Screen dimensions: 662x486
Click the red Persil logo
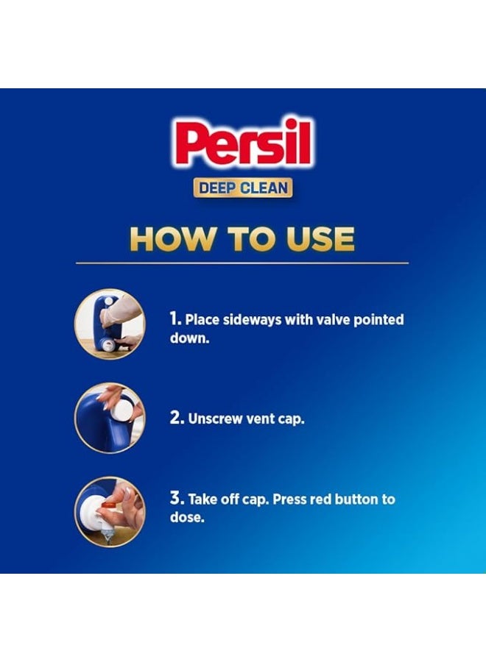pyautogui.click(x=244, y=143)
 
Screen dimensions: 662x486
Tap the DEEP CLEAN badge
pyautogui.click(x=243, y=188)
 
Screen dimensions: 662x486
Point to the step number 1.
pyautogui.click(x=175, y=320)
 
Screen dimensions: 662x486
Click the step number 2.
pyautogui.click(x=176, y=418)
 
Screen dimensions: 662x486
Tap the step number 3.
pyautogui.click(x=176, y=499)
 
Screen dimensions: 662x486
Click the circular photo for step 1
pyautogui.click(x=110, y=324)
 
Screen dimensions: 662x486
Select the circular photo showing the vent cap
pyautogui.click(x=110, y=417)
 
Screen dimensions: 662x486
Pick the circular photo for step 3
pyautogui.click(x=110, y=511)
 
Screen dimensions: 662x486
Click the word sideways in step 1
pyautogui.click(x=247, y=320)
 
